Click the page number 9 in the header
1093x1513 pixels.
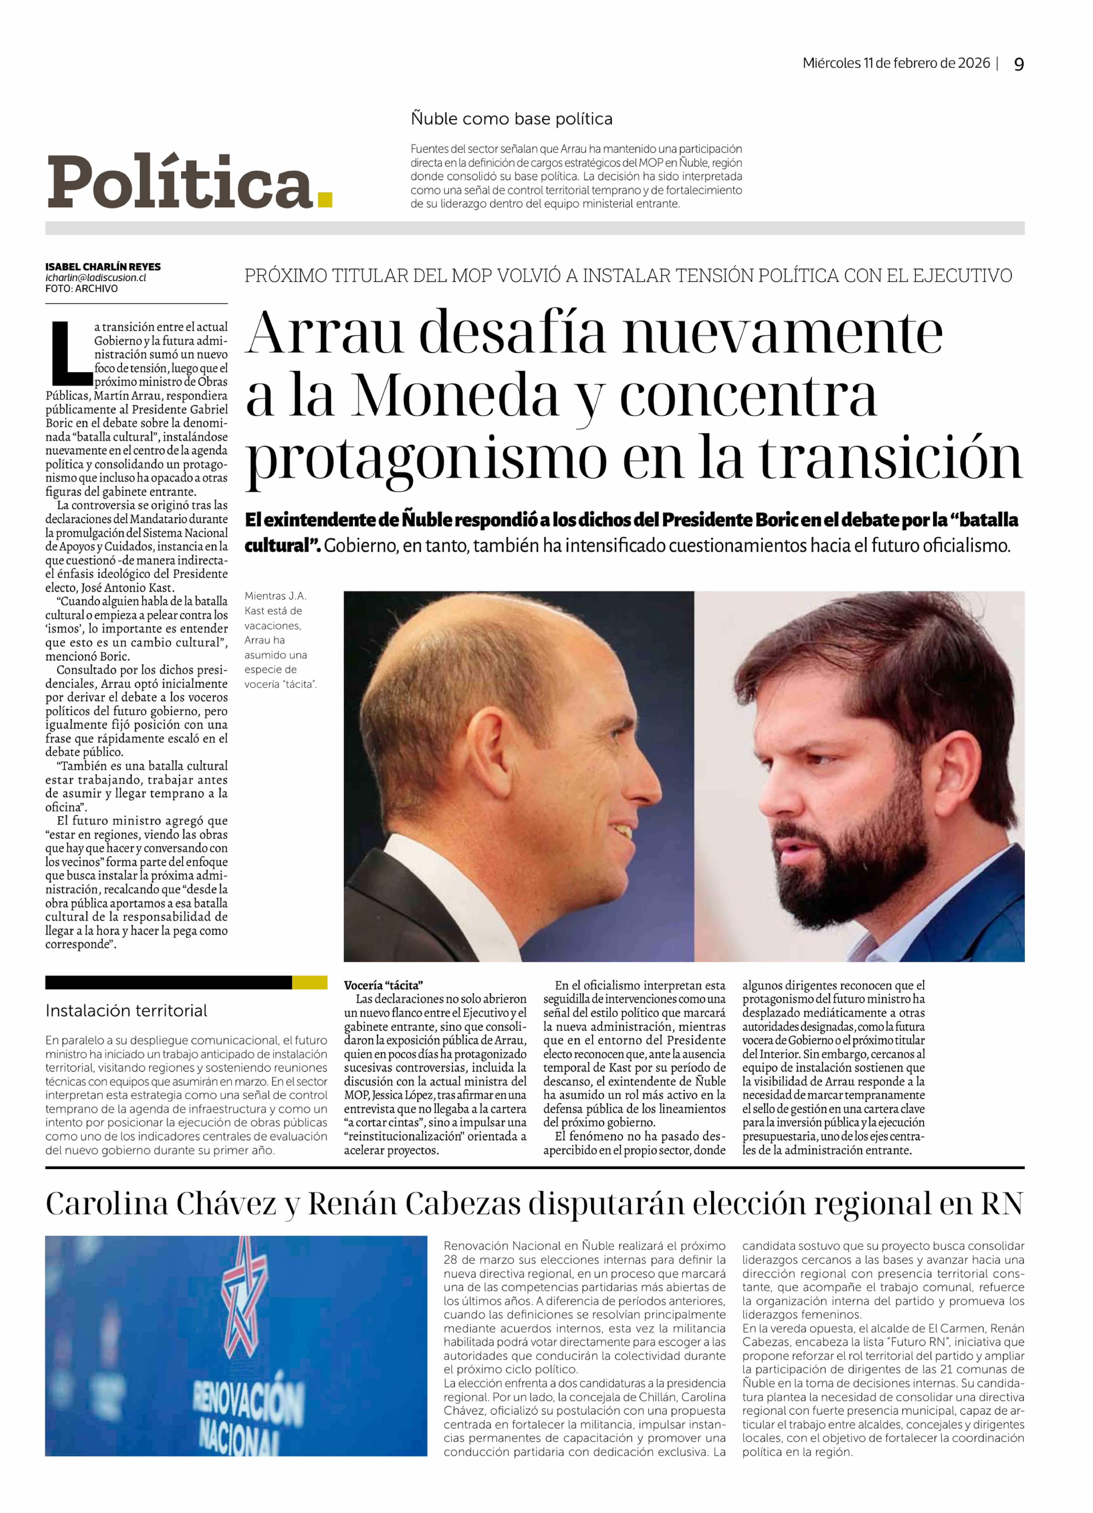pyautogui.click(x=1018, y=64)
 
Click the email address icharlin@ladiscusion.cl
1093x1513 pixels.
pyautogui.click(x=95, y=278)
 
